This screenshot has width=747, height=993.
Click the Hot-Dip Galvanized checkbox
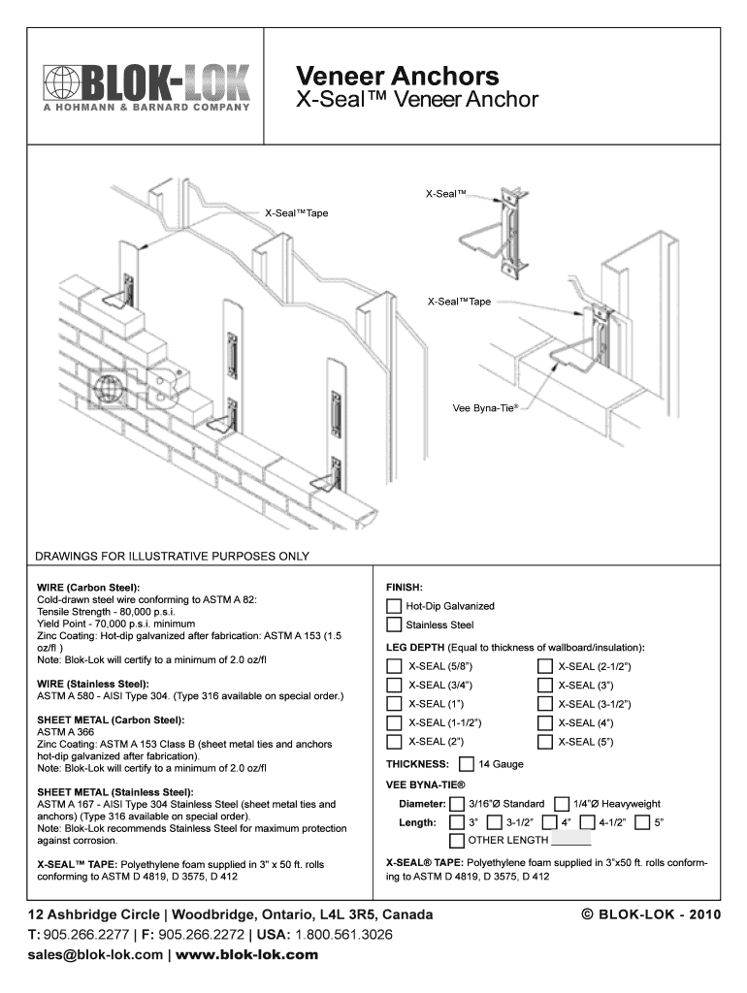[x=394, y=606]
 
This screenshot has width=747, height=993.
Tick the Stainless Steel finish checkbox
[x=394, y=625]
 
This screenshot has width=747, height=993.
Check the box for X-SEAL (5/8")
[x=394, y=666]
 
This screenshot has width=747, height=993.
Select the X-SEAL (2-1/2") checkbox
[x=545, y=666]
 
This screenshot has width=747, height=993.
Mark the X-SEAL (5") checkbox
[x=545, y=743]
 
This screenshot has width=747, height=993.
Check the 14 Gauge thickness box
[x=467, y=764]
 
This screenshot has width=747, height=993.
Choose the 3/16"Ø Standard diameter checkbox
[x=457, y=804]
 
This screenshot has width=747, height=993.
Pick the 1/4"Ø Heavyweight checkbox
[x=562, y=804]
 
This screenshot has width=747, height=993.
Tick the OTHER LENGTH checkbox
[x=457, y=840]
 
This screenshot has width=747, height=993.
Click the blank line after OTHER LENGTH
[x=570, y=842]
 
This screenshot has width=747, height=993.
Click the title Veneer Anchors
[x=397, y=76]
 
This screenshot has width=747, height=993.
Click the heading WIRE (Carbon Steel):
[x=88, y=588]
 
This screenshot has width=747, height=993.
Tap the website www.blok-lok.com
[x=247, y=955]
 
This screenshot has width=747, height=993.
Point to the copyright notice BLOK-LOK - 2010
[x=649, y=915]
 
